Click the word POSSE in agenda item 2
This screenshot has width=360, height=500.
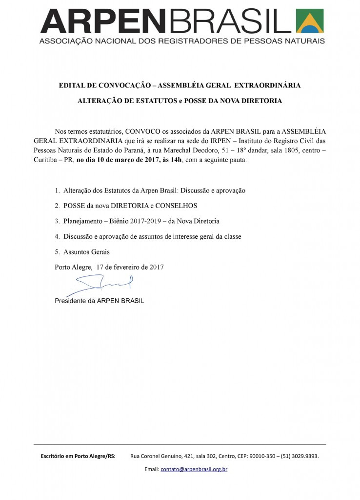74,205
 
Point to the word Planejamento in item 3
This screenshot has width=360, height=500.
84,221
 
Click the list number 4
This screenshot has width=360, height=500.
57,237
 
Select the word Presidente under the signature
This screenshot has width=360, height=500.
72,300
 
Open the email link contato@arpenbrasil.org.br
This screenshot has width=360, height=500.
194,469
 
